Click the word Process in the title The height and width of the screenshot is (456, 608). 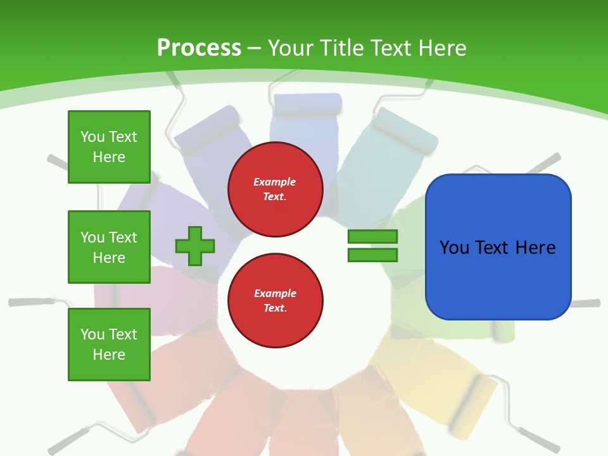click(199, 47)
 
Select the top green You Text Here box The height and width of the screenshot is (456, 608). click(109, 147)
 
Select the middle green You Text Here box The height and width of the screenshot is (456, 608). click(109, 247)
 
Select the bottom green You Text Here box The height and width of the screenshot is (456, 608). click(109, 345)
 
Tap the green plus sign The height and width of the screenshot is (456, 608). click(195, 245)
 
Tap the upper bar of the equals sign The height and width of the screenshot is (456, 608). click(372, 236)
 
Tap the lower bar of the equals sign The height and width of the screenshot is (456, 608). click(372, 255)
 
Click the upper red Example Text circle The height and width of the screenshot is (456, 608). click(275, 189)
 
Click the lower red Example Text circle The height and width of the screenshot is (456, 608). click(275, 301)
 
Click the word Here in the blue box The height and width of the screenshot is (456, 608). click(535, 247)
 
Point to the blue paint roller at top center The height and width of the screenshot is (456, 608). click(306, 103)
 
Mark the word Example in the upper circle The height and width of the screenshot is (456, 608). click(275, 182)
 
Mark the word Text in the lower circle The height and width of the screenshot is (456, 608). click(275, 308)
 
